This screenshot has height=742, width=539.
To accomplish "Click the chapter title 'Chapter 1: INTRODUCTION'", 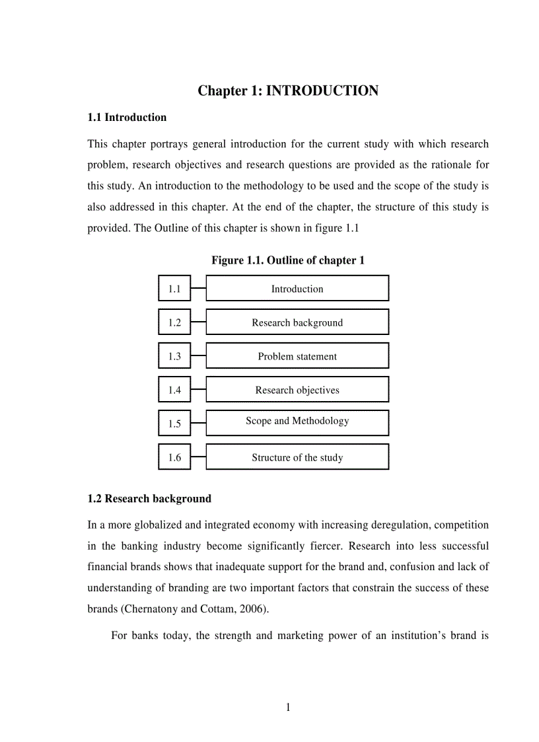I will coord(288,91).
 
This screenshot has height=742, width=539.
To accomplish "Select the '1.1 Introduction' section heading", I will coord(127,118).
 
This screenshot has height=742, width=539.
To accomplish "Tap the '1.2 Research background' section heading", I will coord(149,499).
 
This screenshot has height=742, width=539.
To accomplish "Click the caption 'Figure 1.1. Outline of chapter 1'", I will coord(288,260).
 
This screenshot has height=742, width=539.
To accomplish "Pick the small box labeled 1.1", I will coord(174,289).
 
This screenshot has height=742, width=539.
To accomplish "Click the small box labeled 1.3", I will coord(174,356).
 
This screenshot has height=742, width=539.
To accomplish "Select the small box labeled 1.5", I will coord(174,424).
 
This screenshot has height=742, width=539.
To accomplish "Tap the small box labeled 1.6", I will coord(174,457).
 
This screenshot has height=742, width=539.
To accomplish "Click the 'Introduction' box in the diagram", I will coord(297,289).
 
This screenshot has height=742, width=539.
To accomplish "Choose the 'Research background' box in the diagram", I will coord(297,322).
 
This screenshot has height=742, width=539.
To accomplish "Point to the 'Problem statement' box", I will coord(297,356).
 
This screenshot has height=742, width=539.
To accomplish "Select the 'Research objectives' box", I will coord(297,390).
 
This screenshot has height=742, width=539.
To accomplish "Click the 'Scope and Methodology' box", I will coord(297,422).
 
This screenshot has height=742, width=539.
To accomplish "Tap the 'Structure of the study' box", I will coord(297,457).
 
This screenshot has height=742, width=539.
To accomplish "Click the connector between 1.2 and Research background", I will coord(198,322).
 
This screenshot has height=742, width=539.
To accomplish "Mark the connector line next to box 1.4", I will coord(198,390).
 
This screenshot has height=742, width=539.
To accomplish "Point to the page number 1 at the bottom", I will coord(288,708).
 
